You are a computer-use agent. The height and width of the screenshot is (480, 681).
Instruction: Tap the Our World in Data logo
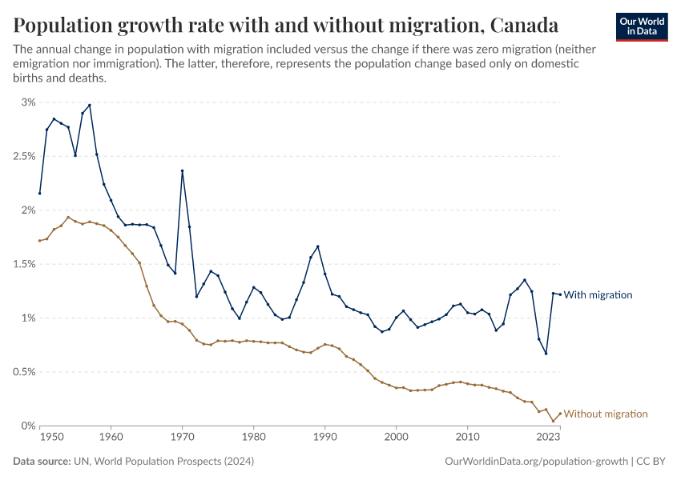coord(641,26)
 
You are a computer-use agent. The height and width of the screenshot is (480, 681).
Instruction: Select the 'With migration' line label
coord(598,295)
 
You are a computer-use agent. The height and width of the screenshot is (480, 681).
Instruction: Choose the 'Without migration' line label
coord(606,414)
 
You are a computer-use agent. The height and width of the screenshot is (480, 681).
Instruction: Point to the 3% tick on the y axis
coord(29,102)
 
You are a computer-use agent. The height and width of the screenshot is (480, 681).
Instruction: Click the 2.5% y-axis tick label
coord(24,156)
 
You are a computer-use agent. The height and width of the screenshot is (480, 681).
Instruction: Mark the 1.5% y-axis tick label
coord(24,264)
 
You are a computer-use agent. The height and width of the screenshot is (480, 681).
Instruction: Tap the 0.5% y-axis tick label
coord(24,372)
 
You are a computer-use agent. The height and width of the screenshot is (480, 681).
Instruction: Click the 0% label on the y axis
coord(29,426)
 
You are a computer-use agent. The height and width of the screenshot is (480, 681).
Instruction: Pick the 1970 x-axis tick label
coord(182,438)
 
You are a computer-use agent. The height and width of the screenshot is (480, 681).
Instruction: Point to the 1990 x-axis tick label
coord(324,438)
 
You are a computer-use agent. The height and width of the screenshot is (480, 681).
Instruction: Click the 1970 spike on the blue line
coord(183,170)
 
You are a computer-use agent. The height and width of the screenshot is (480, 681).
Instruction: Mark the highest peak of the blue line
coord(90,105)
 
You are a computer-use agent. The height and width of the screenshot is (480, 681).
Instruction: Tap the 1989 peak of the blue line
coord(318,246)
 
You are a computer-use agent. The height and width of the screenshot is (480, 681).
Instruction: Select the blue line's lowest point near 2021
coord(546,354)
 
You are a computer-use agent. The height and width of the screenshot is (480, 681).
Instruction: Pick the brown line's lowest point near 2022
coord(553,422)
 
